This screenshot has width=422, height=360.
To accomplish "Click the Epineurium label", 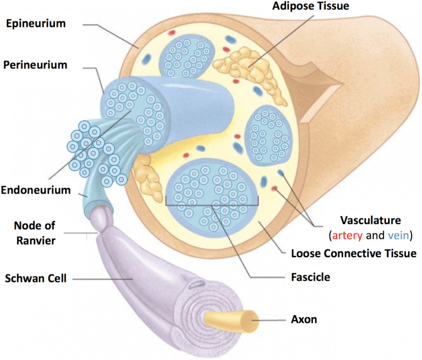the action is coord(36,24).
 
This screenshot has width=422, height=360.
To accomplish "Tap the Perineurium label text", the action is coord(35,65).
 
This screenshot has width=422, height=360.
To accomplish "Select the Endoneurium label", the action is coord(36,190).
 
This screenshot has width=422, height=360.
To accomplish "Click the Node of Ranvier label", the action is coord(35,233).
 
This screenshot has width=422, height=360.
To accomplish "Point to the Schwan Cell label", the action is coord(36,279).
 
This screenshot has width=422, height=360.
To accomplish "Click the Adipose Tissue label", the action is coord(311,6).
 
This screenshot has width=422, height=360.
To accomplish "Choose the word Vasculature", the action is coord(371,220).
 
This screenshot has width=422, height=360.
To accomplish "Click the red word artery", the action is coord(348,236).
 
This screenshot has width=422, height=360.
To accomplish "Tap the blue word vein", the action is coord(398,236).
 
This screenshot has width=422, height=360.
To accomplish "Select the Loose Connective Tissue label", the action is coord(354,253).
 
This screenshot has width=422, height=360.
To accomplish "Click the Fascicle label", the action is coord(311,277).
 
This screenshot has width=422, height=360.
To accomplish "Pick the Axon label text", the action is coord(304,320).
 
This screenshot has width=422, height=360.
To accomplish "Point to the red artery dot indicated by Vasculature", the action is coord(274,188).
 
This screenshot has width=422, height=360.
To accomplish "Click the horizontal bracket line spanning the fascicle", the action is coord(212,205).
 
